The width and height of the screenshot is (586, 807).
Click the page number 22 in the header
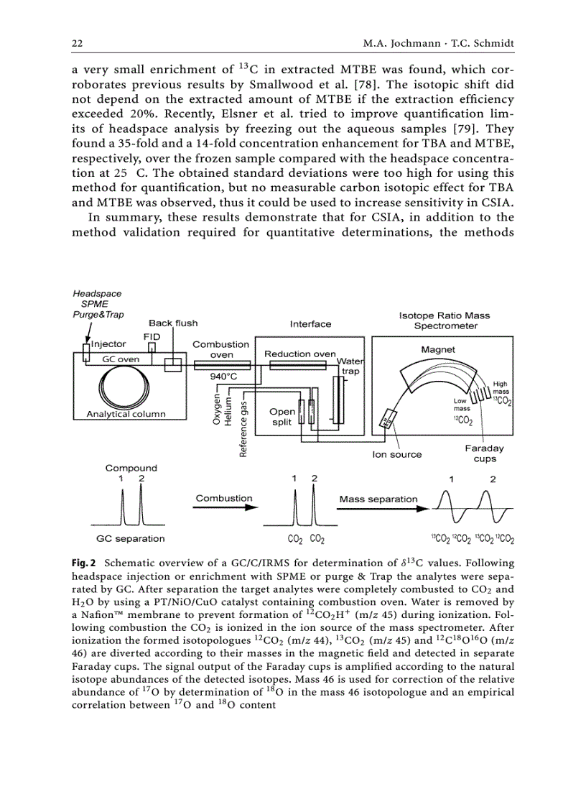pos(77,44)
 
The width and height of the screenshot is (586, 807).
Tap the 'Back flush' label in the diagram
pos(173,323)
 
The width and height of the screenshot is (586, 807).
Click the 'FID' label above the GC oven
pos(152,336)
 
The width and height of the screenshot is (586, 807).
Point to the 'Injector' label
pos(108,344)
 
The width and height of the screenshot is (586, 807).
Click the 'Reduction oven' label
pos(299,354)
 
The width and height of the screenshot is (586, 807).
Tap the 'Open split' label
pos(282,417)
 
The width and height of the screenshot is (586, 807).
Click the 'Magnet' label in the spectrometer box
pos(437,349)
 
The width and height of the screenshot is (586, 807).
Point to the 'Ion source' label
pos(396,454)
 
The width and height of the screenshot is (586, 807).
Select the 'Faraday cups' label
pos(484,453)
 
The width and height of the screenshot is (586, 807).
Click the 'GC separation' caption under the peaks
pos(130,538)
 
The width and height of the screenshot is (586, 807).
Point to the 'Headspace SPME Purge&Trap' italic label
pos(98,304)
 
